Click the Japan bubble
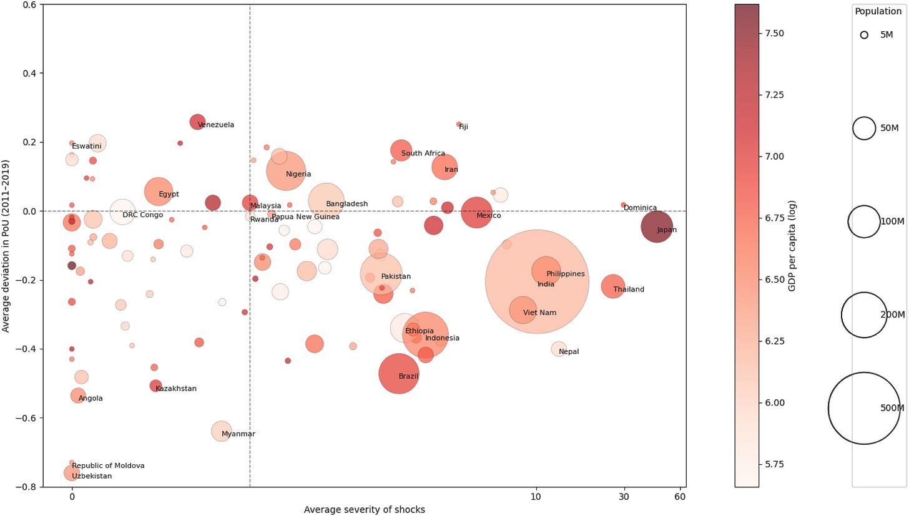(657, 226)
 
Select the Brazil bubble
(398, 374)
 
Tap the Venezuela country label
(216, 125)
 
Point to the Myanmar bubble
(221, 431)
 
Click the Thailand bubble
(613, 286)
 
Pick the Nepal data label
(569, 352)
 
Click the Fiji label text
(463, 127)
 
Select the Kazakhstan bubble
(155, 386)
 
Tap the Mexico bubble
(476, 213)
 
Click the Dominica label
(640, 208)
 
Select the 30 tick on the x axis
(624, 497)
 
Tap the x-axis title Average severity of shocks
(365, 510)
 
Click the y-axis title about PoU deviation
(5, 246)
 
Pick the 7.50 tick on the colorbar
(774, 33)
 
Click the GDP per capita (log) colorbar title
(792, 246)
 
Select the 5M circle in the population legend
(864, 35)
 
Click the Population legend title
(878, 11)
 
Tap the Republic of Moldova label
(109, 465)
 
